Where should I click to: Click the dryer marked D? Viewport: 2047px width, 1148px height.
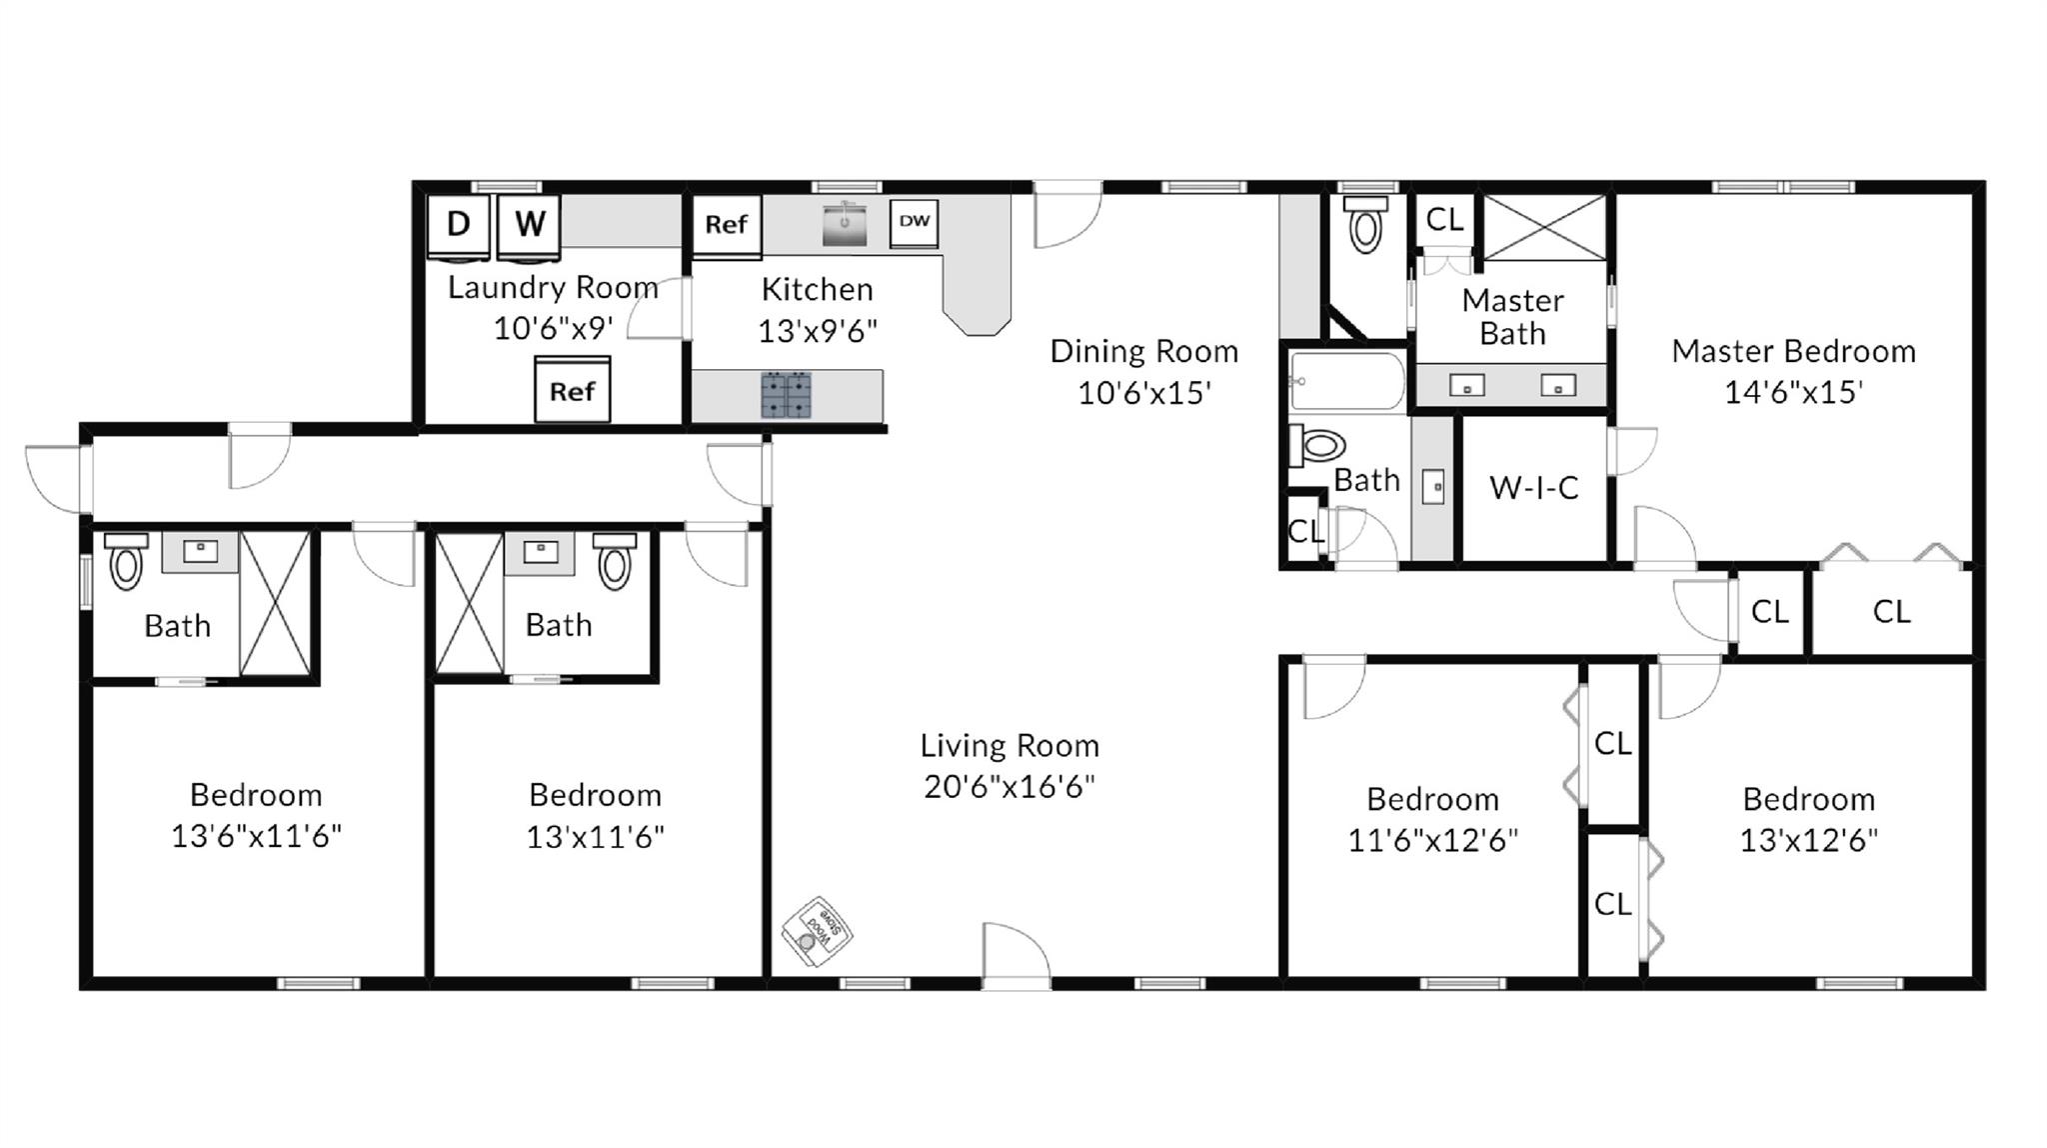pyautogui.click(x=458, y=224)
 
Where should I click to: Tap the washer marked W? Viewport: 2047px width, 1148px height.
pyautogui.click(x=529, y=224)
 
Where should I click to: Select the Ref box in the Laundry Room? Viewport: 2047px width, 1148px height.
pyautogui.click(x=572, y=390)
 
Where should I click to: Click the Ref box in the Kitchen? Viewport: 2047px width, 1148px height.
pyautogui.click(x=726, y=224)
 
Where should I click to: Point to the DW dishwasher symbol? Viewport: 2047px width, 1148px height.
pyautogui.click(x=914, y=222)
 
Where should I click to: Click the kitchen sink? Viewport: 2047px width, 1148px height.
pyautogui.click(x=845, y=224)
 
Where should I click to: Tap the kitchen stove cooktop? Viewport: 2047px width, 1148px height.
pyautogui.click(x=787, y=394)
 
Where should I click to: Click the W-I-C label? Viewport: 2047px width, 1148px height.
pyautogui.click(x=1533, y=488)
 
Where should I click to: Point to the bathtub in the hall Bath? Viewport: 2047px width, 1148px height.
pyautogui.click(x=1346, y=380)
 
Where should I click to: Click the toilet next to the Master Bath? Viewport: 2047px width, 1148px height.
pyautogui.click(x=1365, y=226)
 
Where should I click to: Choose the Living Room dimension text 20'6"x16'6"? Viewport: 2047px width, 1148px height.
pyautogui.click(x=1009, y=787)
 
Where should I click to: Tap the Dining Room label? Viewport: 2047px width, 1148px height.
pyautogui.click(x=1143, y=351)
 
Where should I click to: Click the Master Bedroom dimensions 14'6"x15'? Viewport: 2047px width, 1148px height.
pyautogui.click(x=1793, y=392)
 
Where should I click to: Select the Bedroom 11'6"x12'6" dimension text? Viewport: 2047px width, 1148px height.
pyautogui.click(x=1432, y=840)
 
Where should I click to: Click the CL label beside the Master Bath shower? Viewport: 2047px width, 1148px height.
pyautogui.click(x=1443, y=219)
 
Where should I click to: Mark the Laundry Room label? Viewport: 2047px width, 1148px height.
pyautogui.click(x=553, y=288)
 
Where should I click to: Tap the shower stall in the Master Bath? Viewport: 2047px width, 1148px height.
pyautogui.click(x=1543, y=228)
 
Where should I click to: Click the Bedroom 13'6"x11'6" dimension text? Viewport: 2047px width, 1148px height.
pyautogui.click(x=256, y=836)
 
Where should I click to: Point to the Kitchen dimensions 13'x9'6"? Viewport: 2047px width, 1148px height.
pyautogui.click(x=817, y=330)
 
